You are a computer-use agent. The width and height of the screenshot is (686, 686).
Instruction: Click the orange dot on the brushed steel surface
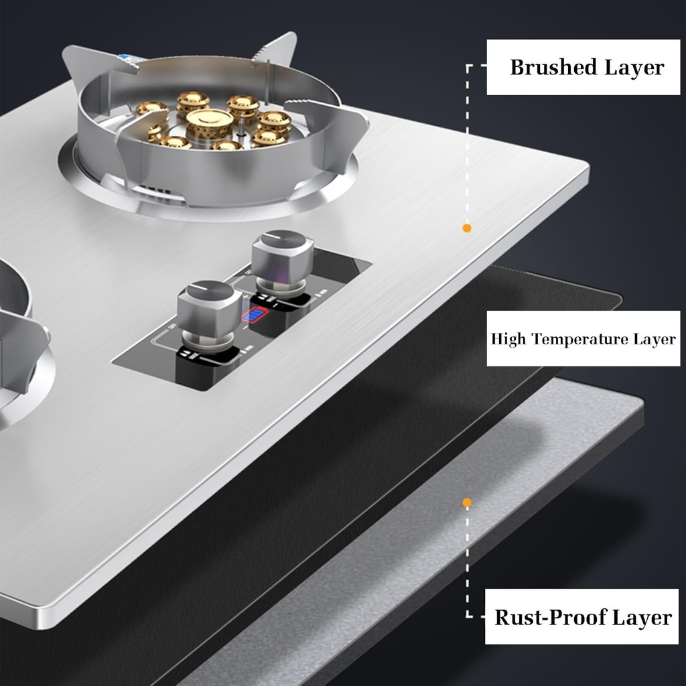click(467, 228)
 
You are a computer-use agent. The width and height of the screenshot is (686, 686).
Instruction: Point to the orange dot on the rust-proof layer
click(467, 502)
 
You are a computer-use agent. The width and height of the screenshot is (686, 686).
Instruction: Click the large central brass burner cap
click(209, 122)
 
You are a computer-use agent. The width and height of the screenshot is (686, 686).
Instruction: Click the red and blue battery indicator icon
click(255, 316)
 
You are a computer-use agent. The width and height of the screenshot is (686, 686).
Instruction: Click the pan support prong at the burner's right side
click(335, 121)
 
